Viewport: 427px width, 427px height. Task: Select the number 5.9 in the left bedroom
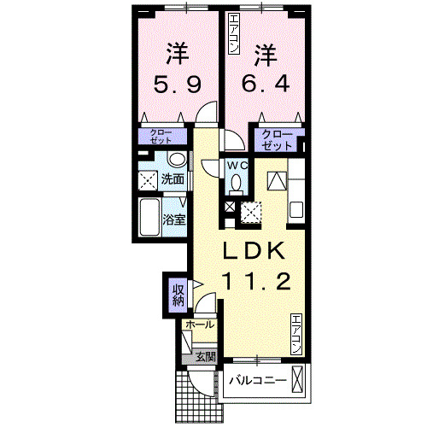(x=177, y=85)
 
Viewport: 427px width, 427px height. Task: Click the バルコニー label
(x=256, y=379)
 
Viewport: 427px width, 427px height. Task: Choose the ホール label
(x=199, y=325)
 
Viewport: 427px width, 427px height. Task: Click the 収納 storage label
(x=178, y=294)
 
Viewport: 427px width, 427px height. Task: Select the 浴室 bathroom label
(x=174, y=219)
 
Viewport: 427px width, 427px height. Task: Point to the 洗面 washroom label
(x=173, y=180)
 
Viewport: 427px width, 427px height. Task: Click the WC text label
(x=237, y=165)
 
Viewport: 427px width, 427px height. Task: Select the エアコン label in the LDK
(x=295, y=334)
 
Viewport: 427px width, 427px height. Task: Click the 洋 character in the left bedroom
(x=177, y=55)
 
